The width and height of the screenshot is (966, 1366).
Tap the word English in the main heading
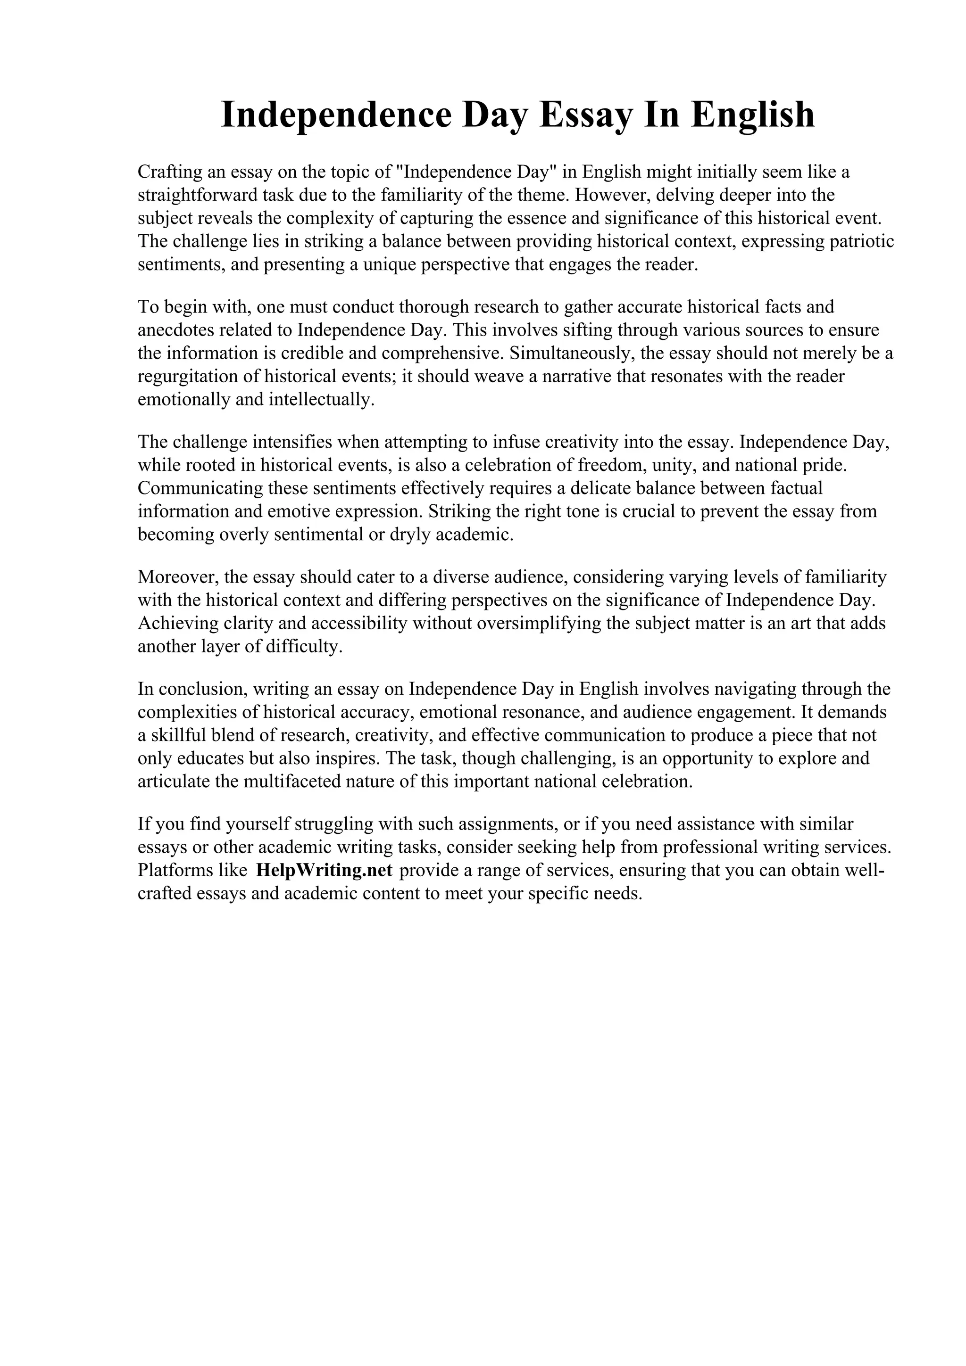coord(752,115)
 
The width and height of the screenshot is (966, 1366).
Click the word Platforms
coord(173,871)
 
